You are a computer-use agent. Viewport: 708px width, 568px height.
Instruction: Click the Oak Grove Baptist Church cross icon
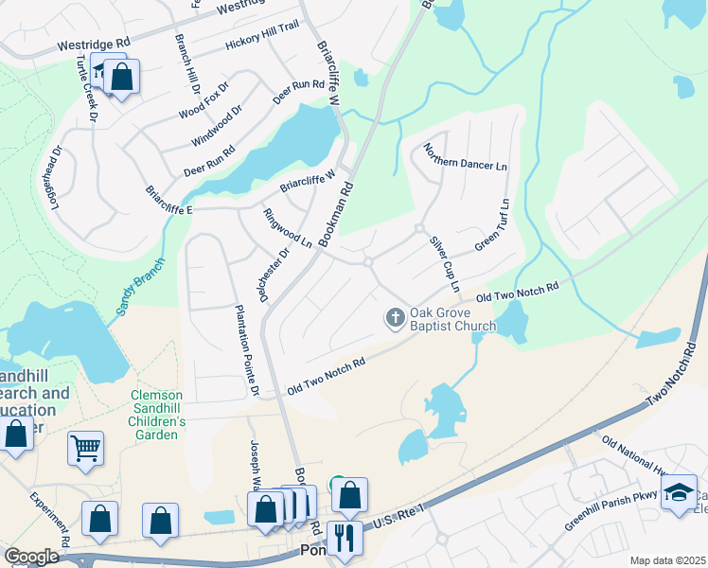(395, 318)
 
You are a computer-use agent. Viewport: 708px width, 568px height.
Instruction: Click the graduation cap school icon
(678, 493)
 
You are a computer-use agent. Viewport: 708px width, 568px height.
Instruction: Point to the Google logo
(31, 557)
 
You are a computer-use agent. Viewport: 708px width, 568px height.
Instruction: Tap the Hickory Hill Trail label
(262, 40)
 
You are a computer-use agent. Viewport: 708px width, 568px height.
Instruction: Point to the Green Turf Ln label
(493, 224)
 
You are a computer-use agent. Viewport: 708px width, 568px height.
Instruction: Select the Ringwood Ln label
(288, 227)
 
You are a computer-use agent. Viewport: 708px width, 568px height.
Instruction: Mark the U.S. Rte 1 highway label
(398, 517)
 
